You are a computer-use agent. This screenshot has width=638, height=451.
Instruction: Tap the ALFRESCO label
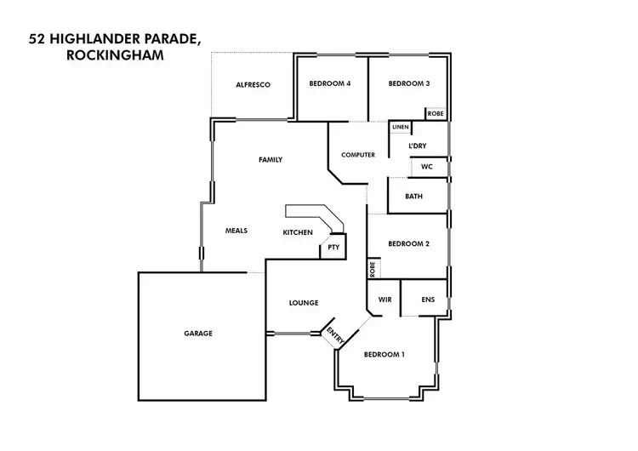(x=253, y=84)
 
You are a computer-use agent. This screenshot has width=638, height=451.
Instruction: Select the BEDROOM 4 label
(x=330, y=83)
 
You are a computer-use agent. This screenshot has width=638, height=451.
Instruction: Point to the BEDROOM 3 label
(x=409, y=83)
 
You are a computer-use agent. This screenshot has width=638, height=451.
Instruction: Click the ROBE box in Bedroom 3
(x=436, y=113)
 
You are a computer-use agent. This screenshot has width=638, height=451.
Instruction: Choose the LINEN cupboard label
(x=401, y=128)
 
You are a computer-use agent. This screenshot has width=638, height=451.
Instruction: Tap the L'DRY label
(x=417, y=146)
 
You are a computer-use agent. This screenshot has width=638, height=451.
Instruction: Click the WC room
(x=427, y=167)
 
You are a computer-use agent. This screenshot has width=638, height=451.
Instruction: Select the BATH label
(x=414, y=197)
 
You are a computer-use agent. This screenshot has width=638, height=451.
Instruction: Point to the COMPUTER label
(x=358, y=155)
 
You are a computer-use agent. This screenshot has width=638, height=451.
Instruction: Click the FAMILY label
(x=271, y=160)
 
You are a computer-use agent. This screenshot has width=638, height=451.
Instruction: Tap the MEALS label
(x=236, y=231)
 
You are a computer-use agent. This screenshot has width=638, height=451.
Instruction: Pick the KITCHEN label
(x=298, y=232)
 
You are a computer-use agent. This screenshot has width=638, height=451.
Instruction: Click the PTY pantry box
(x=333, y=248)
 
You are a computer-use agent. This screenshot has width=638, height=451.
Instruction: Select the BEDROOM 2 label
(x=408, y=244)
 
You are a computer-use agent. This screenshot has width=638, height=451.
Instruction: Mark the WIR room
(x=384, y=300)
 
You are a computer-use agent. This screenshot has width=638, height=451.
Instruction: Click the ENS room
(x=428, y=300)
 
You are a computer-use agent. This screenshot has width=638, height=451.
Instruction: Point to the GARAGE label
(x=198, y=334)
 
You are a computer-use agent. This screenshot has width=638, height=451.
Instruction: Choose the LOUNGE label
(x=304, y=303)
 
